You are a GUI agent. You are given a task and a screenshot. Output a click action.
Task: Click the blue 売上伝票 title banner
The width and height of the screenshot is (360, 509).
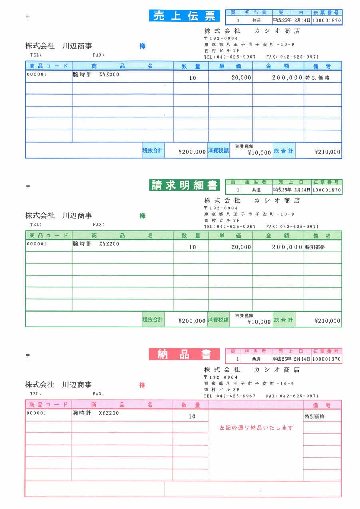[184, 16]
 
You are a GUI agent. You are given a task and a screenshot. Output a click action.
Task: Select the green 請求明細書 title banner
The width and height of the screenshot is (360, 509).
[184, 185]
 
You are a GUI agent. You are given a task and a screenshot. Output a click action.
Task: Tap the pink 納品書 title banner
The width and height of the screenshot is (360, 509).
[184, 354]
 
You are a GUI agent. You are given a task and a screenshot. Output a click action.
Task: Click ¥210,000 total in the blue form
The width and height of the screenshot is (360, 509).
[327, 152]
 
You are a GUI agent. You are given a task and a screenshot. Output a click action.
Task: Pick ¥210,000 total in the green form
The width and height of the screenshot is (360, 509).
[327, 321]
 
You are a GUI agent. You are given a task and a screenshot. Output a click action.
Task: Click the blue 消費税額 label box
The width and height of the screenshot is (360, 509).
[218, 151]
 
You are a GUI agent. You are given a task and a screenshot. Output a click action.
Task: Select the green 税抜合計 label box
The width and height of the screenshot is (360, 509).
[153, 320]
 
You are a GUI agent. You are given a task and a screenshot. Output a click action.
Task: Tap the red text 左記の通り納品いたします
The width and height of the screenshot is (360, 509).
[256, 428]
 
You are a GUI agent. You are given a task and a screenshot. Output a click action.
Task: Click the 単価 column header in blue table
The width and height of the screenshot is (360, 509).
[230, 66]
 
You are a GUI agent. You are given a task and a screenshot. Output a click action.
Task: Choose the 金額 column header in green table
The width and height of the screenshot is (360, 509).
[278, 236]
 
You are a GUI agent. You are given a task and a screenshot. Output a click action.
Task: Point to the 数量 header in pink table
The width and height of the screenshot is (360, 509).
[191, 405]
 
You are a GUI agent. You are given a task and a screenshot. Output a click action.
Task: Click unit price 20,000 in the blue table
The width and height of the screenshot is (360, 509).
[241, 78]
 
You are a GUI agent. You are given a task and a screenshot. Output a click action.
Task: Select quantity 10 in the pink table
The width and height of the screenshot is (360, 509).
[192, 416]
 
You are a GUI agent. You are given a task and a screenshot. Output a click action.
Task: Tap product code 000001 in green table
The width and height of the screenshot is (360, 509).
[37, 244]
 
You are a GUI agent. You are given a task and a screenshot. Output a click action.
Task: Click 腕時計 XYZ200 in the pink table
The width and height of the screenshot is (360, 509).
[96, 413]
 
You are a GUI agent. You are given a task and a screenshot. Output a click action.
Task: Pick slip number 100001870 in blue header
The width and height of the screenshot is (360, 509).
[327, 20]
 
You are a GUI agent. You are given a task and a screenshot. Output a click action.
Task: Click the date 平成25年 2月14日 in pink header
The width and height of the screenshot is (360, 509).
[291, 359]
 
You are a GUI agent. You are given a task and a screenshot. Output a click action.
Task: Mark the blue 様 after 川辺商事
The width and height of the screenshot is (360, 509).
[142, 46]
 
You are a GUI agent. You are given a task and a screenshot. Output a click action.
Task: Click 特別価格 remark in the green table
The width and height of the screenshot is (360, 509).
[315, 247]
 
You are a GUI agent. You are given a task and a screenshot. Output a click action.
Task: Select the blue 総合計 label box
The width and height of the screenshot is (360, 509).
[284, 151]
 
